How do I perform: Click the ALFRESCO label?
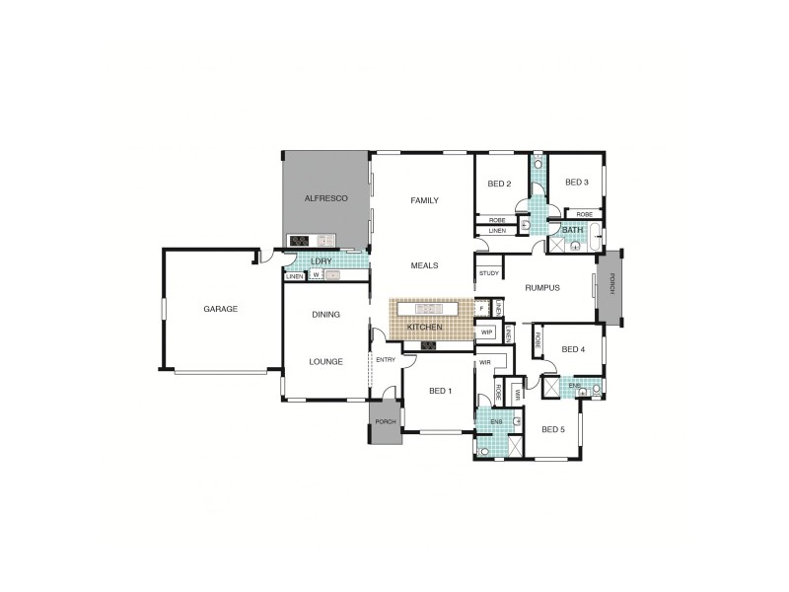(325, 198)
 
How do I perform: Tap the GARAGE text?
(220, 309)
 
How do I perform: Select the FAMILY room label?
(424, 200)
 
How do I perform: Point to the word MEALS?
(425, 265)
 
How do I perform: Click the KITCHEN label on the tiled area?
(425, 327)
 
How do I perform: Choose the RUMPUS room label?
(542, 288)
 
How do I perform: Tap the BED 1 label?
(441, 391)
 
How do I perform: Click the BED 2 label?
(499, 184)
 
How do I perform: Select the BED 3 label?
(576, 183)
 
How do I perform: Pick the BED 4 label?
(573, 349)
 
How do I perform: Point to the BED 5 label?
(553, 429)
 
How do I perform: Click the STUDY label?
(488, 273)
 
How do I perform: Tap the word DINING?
(325, 315)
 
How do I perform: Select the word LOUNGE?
(325, 362)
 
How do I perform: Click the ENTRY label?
(386, 359)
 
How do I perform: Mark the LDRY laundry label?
(322, 260)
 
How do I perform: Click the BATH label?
(572, 230)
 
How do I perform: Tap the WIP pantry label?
(486, 333)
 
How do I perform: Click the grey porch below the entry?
(385, 424)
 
